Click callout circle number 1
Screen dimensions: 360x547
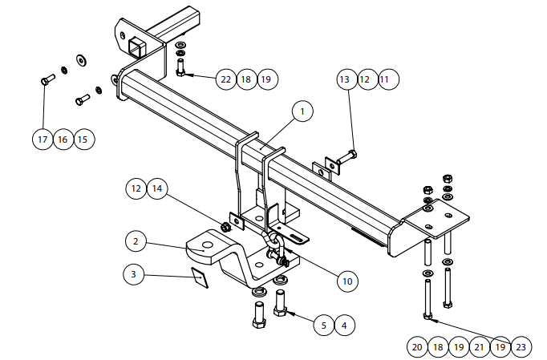(x=302, y=111)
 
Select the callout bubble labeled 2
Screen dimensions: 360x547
(x=136, y=241)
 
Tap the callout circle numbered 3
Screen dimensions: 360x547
(x=134, y=274)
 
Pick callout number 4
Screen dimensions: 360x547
(x=344, y=326)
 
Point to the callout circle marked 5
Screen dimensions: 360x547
(x=323, y=326)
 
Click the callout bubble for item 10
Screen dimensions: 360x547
(x=346, y=281)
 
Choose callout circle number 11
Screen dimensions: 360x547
(x=387, y=79)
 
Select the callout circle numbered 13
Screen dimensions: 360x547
(x=344, y=79)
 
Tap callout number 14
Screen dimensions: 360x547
(x=157, y=188)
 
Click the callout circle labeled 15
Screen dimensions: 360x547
(x=83, y=139)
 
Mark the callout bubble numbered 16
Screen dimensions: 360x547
(x=63, y=139)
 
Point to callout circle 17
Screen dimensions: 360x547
(x=43, y=139)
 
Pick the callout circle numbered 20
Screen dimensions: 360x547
(x=416, y=347)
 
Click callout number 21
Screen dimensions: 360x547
(x=479, y=347)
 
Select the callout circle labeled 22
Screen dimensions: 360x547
(x=225, y=79)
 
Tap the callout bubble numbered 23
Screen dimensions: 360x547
(x=521, y=347)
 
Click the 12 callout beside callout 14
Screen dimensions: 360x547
(x=136, y=188)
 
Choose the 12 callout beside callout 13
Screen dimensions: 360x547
(x=366, y=79)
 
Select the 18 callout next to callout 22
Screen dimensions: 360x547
(x=246, y=79)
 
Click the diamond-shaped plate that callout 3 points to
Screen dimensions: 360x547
(x=198, y=278)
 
